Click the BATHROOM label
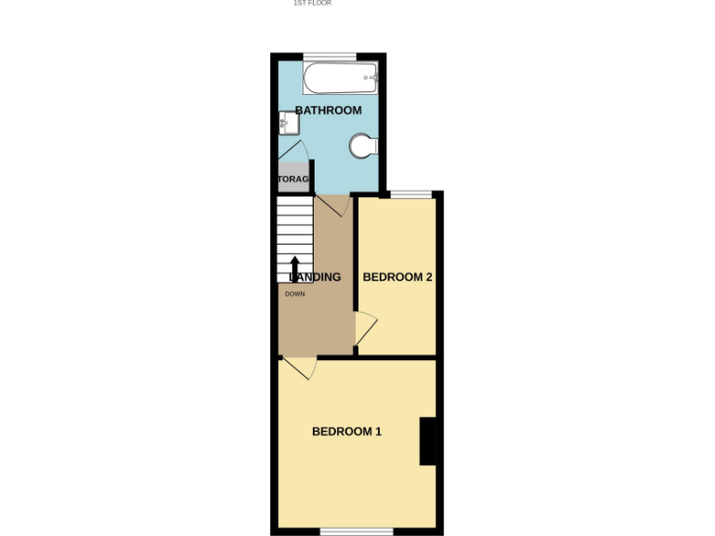[x=328, y=111]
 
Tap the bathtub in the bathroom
[x=341, y=77]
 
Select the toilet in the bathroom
[x=362, y=145]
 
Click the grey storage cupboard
[x=293, y=179]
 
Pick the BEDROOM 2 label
[x=398, y=277]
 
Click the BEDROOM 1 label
[x=346, y=432]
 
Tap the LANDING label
[x=317, y=277]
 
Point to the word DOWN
[x=294, y=294]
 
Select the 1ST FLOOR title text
[x=312, y=4]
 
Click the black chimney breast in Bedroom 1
[x=429, y=441]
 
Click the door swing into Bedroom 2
[x=366, y=328]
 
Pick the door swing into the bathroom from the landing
[x=333, y=205]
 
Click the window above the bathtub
[x=330, y=56]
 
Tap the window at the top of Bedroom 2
[x=411, y=194]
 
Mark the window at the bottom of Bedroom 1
[x=357, y=532]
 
